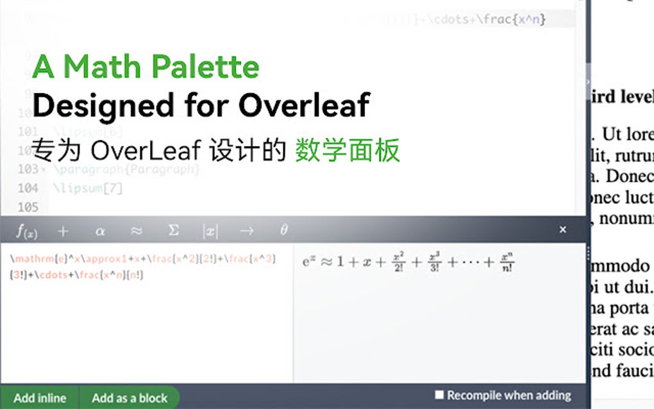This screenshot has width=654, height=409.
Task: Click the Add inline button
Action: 39,397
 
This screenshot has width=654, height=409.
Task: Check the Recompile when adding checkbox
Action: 439,396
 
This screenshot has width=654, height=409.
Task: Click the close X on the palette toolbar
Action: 562,230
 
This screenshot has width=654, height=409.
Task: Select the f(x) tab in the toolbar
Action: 26,231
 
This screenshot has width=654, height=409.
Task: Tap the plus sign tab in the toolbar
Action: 63,231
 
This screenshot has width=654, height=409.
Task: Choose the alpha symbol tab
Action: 100,231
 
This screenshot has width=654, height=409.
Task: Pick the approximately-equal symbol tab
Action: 137,231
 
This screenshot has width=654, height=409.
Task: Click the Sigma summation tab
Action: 173,231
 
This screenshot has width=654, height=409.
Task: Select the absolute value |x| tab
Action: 210,231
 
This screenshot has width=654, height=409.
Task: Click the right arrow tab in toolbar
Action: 247,231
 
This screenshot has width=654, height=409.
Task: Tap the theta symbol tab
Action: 283,231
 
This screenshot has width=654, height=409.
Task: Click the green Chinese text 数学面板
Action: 348,151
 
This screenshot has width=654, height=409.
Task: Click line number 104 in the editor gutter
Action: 28,188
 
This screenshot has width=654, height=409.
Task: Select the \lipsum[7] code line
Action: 88,188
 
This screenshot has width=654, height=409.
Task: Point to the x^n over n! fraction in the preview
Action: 507,263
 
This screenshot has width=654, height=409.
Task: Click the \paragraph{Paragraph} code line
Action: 127,169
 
